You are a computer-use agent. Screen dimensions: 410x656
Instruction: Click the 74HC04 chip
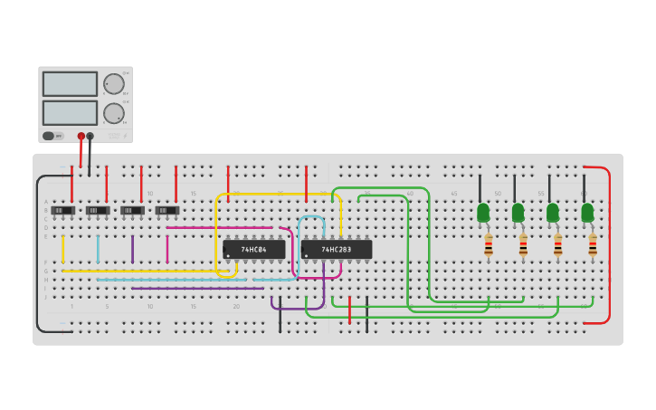tap(254, 249)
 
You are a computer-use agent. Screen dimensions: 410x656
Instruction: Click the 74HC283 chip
tap(337, 249)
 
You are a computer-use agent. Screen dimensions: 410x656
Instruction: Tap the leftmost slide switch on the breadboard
tap(62, 211)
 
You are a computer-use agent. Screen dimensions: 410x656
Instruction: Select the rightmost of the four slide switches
tap(167, 211)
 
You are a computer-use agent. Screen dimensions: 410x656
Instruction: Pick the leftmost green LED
tap(483, 213)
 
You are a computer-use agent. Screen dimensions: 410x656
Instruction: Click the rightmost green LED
tap(587, 213)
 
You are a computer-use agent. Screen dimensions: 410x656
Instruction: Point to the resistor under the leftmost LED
tap(489, 244)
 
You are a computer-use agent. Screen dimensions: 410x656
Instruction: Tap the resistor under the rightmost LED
tap(593, 244)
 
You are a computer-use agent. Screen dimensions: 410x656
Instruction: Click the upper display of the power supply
tap(70, 84)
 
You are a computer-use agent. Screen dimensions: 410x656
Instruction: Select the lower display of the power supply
tap(70, 113)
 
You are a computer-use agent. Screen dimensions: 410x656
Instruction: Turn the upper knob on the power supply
tap(114, 84)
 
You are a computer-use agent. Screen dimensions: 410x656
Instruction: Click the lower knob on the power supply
tap(114, 113)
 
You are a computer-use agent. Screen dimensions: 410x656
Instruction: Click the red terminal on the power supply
tap(81, 137)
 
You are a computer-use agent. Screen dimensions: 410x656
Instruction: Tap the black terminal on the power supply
tap(90, 137)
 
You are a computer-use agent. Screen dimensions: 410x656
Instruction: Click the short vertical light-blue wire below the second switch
tap(98, 249)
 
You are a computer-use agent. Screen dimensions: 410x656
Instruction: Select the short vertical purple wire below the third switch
tap(132, 249)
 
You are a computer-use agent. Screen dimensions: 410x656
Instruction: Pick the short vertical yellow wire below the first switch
tap(63, 249)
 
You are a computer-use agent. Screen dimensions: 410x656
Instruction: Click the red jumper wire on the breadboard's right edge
tap(609, 244)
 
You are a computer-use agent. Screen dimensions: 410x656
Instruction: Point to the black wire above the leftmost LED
tap(480, 188)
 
